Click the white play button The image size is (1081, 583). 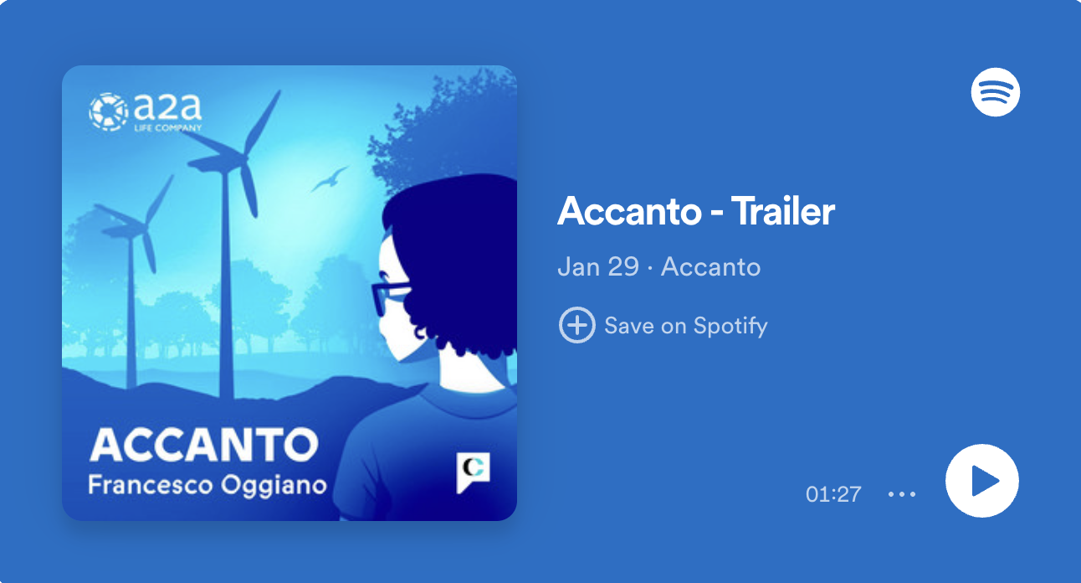tap(982, 481)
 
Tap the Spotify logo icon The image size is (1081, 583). tap(996, 92)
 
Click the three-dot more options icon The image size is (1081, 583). tap(901, 494)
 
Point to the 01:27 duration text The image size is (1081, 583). tap(833, 494)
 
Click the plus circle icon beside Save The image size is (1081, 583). tap(576, 325)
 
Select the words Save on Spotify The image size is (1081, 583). tap(686, 326)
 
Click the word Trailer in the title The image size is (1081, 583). tap(783, 211)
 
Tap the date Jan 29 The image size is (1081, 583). tap(598, 266)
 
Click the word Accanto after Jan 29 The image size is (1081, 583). tap(710, 266)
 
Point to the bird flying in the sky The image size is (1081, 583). tap(330, 179)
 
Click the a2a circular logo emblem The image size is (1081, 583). tap(109, 112)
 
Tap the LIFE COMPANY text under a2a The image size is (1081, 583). tap(167, 128)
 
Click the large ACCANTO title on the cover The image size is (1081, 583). tap(204, 445)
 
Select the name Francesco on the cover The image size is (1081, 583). tap(150, 484)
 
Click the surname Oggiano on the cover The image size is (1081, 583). tap(274, 486)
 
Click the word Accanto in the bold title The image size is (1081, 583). tap(629, 211)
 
